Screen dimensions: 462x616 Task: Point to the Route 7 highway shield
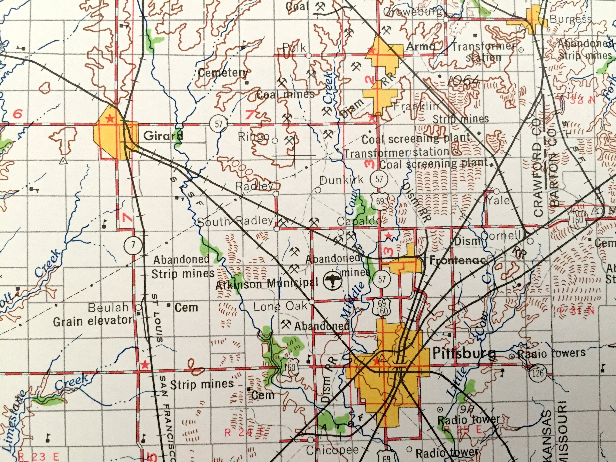133,245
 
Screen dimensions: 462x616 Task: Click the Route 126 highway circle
538,372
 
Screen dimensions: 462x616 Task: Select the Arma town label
421,46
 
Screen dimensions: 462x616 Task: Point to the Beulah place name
108,307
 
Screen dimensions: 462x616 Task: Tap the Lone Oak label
280,306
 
